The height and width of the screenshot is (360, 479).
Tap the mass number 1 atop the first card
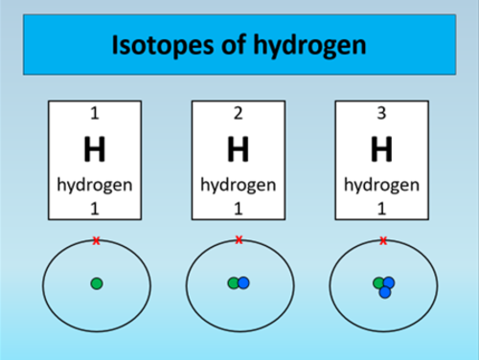click(x=95, y=115)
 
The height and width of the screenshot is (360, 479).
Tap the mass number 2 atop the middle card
click(x=239, y=115)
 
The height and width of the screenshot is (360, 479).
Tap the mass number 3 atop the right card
click(x=382, y=115)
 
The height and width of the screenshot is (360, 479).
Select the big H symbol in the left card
click(x=95, y=149)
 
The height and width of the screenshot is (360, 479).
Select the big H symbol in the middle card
click(x=239, y=149)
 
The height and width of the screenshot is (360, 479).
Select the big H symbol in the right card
click(x=382, y=149)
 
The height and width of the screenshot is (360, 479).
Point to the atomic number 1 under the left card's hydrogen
click(x=95, y=208)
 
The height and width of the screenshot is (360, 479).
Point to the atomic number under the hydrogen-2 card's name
click(x=239, y=208)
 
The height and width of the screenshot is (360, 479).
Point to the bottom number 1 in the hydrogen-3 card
click(x=382, y=208)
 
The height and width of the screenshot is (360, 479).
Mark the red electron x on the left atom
click(x=96, y=240)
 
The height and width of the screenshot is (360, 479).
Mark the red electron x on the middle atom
click(x=239, y=239)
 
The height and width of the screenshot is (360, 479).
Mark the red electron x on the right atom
click(x=383, y=240)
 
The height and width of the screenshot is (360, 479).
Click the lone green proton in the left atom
click(x=96, y=282)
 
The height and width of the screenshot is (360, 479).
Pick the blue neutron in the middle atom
click(x=244, y=282)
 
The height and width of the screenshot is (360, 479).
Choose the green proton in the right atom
click(x=379, y=282)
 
